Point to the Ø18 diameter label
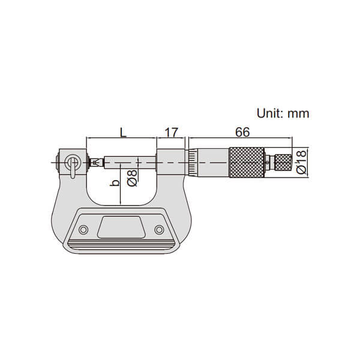[301, 161]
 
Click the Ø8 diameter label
[133, 178]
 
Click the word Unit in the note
[270, 113]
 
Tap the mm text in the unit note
[300, 113]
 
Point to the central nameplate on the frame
[121, 228]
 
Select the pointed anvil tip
[93, 161]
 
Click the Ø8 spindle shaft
[129, 161]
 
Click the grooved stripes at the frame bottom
[121, 246]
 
